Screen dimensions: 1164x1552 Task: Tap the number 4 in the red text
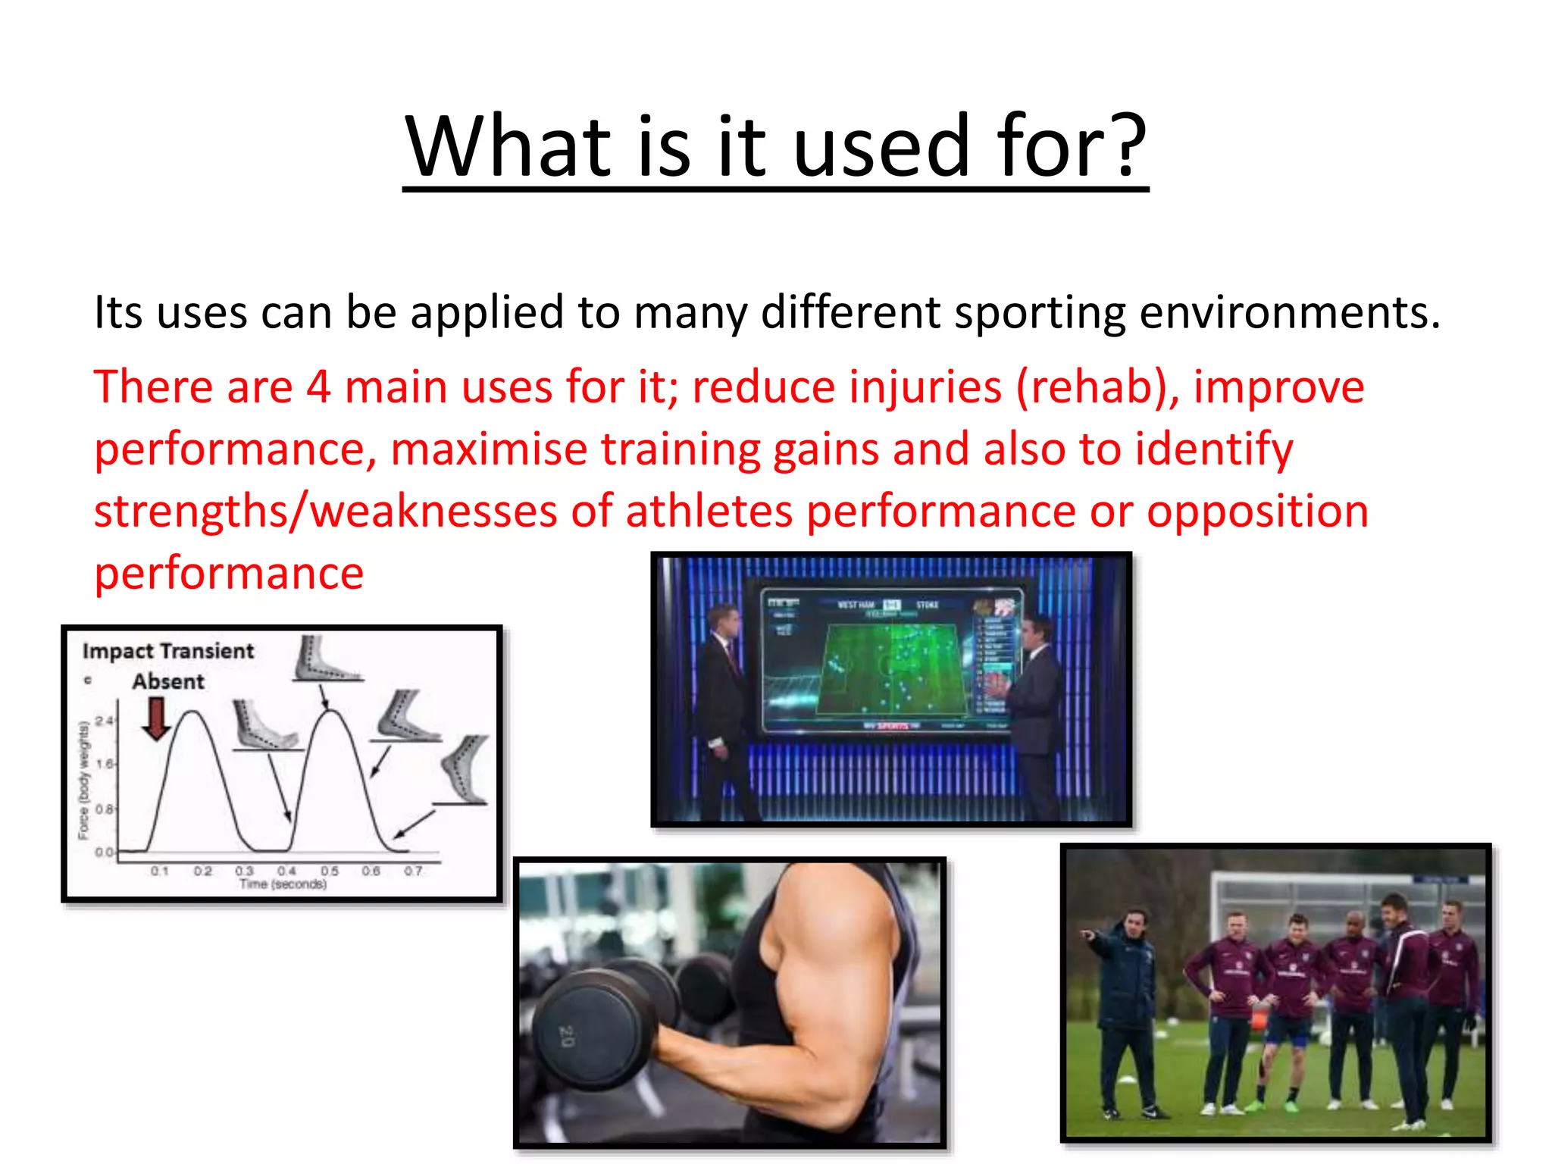coord(318,386)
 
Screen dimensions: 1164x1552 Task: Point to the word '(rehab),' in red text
coord(1097,386)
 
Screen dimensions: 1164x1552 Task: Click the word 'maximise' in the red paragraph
coord(489,449)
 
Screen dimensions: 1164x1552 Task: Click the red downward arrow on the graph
coord(157,718)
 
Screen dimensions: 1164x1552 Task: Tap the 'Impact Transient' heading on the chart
coord(168,651)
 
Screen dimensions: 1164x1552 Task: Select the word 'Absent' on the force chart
coord(168,681)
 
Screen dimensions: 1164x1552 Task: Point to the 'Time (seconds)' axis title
coord(283,884)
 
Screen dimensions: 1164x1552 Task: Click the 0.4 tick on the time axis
coord(286,871)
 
